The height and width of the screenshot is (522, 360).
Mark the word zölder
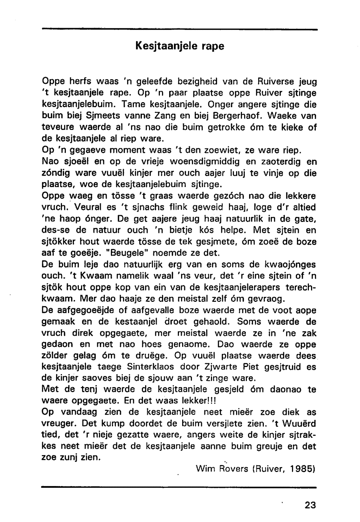56,356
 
